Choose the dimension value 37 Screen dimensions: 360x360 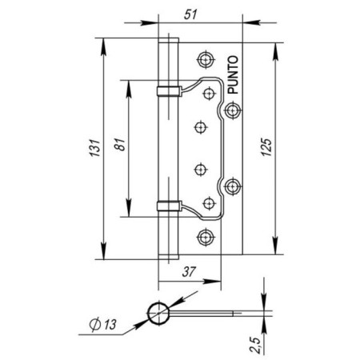(189, 273)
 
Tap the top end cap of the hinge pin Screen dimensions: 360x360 (167, 39)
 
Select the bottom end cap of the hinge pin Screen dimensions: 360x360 (167, 255)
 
